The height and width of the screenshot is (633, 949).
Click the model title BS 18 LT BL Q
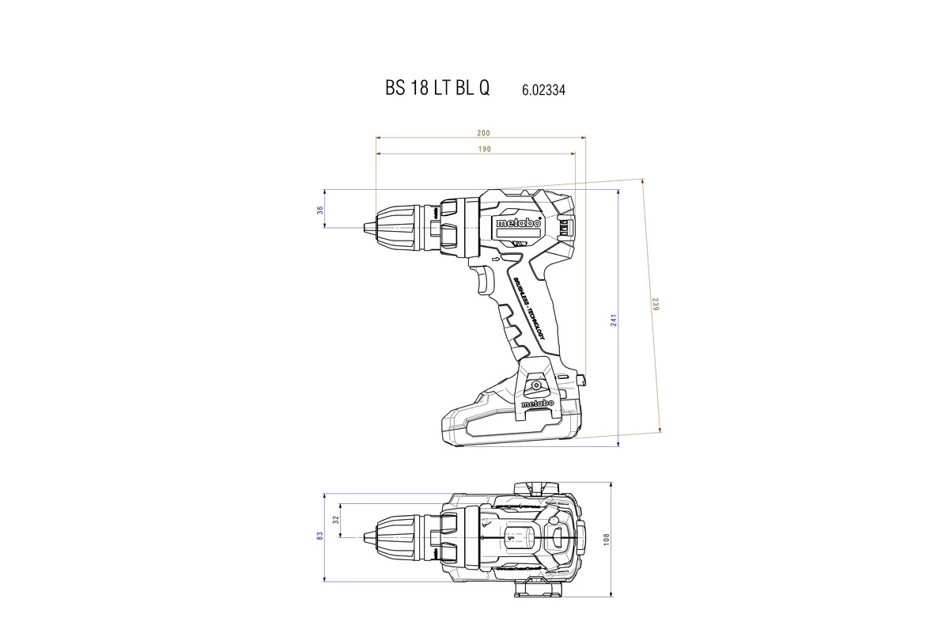[x=437, y=89]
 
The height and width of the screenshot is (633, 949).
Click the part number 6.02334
[x=543, y=90]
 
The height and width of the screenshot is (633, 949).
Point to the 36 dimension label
[x=320, y=210]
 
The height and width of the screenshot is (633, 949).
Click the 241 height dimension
[x=613, y=320]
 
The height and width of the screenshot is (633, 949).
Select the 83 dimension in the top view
[x=320, y=536]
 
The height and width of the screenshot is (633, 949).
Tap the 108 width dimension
[x=607, y=538]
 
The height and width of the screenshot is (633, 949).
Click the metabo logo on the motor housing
[x=518, y=223]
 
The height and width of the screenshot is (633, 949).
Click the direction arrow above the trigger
[x=496, y=259]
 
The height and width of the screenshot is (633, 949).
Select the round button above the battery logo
[x=538, y=385]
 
